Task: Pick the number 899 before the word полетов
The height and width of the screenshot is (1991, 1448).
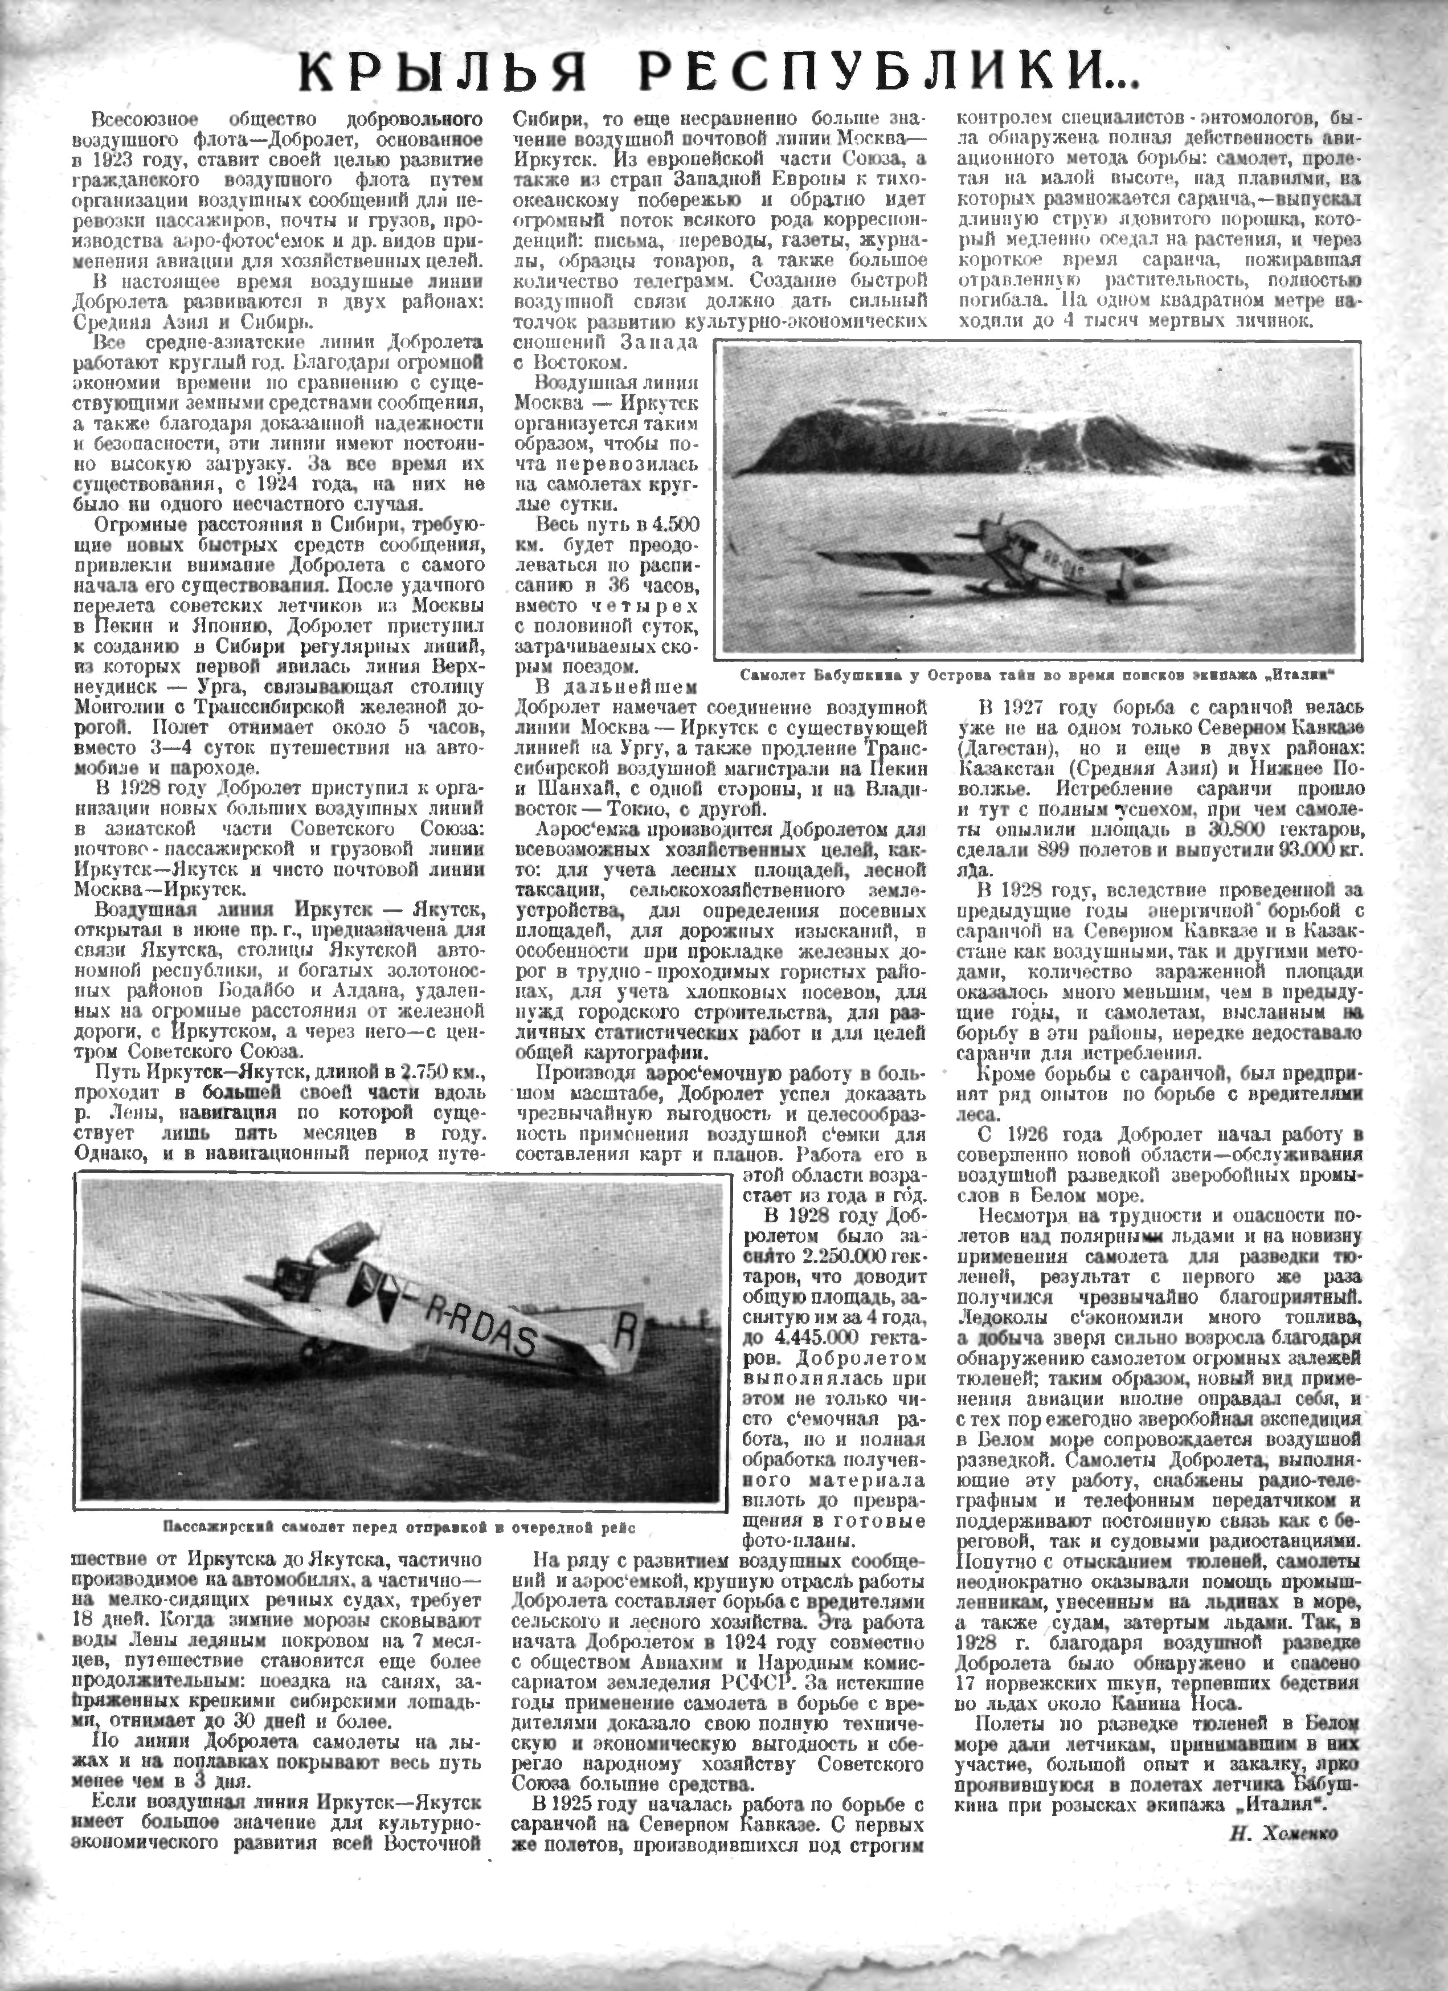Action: coord(1058,849)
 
